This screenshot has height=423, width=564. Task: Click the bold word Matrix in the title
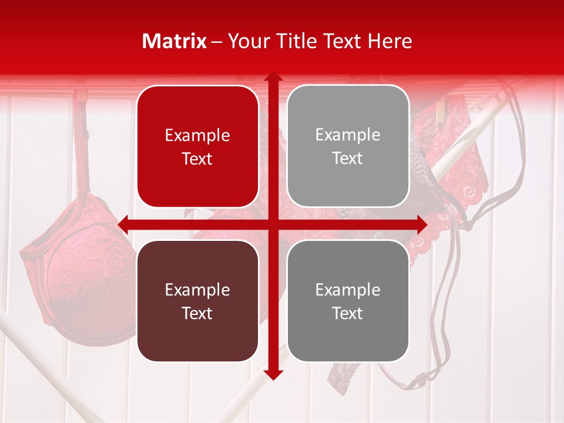(175, 41)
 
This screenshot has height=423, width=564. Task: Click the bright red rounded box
(197, 146)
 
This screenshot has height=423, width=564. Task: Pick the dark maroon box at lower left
(197, 301)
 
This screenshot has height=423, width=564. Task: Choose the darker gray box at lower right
(348, 301)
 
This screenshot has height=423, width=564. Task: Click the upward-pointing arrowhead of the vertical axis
(273, 77)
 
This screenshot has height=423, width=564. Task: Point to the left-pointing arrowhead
(123, 224)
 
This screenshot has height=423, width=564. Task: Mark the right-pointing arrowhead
(422, 224)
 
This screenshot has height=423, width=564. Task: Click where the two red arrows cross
(273, 224)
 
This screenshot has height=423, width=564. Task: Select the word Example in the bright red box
(197, 135)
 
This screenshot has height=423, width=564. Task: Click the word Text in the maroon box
(197, 313)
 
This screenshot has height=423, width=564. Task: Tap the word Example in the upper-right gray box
(348, 135)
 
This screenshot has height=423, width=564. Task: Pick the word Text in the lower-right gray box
(348, 313)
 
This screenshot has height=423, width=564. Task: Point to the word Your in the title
(246, 41)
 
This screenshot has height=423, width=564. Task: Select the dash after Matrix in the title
(217, 42)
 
